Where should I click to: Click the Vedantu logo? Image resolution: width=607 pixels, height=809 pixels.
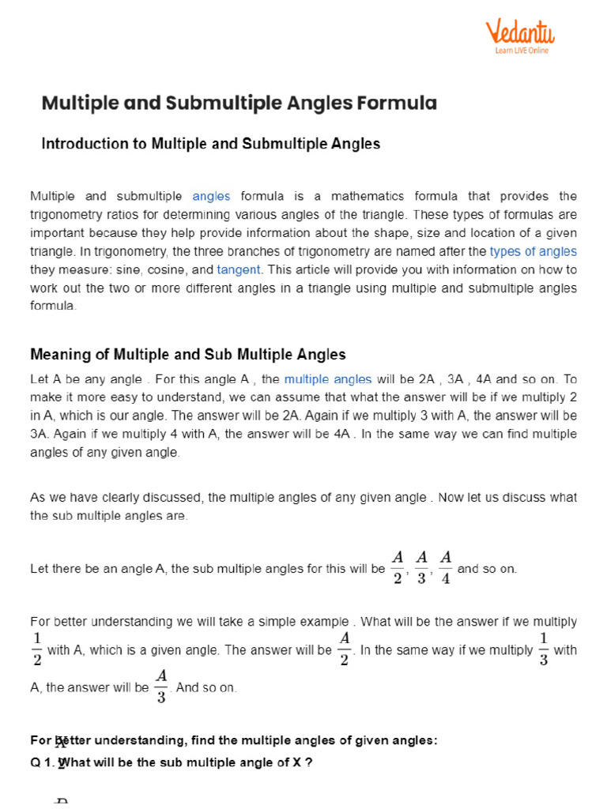point(519,32)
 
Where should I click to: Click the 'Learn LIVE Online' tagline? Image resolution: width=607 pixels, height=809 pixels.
point(522,51)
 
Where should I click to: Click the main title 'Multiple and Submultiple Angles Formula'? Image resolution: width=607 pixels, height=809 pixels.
point(239,103)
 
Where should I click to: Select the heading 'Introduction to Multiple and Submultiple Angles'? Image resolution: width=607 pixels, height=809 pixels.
point(210,144)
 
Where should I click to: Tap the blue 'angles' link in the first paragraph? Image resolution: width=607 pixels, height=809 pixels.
point(211,196)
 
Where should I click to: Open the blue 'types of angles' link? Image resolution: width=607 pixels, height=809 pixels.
point(533,251)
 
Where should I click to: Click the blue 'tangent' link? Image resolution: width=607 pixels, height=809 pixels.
point(238,269)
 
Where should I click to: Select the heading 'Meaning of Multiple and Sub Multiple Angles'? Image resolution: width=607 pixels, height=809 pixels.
point(187,354)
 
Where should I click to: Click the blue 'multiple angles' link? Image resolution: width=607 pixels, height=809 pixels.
point(327,379)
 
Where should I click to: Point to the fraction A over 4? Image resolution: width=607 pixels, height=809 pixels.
point(445,568)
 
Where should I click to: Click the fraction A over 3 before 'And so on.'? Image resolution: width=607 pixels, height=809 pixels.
point(161,687)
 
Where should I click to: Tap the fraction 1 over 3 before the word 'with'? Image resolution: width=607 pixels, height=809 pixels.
point(543,649)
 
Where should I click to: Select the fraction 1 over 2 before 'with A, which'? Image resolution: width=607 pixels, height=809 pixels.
point(37,649)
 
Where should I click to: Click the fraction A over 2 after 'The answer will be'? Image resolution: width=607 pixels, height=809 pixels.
point(345,649)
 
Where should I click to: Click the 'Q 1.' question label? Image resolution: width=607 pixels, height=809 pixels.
point(42,763)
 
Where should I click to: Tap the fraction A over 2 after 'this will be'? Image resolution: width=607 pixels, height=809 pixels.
point(398,568)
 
